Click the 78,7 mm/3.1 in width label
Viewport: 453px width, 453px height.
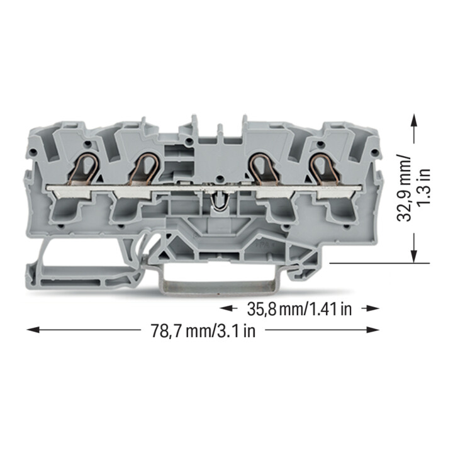point(203,331)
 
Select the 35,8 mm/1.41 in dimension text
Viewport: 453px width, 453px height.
point(299,309)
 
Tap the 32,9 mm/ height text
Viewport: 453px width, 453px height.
point(403,187)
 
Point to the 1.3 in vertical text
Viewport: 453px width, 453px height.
point(424,186)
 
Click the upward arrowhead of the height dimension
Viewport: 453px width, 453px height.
point(414,121)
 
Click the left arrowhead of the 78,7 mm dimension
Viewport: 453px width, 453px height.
point(33,330)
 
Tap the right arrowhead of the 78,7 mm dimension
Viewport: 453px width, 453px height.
point(372,330)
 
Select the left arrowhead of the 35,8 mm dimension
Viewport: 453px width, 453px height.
point(226,308)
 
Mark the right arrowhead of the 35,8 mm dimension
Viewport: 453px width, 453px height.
point(372,308)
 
